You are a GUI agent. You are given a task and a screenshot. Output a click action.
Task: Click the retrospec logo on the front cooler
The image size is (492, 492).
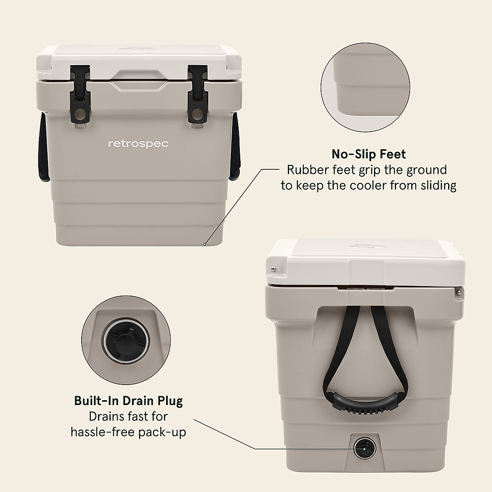(x=138, y=144)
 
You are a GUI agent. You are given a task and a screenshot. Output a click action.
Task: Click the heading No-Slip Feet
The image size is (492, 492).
(x=369, y=154)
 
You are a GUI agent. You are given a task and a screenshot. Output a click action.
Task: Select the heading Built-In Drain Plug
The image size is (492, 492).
(x=128, y=401)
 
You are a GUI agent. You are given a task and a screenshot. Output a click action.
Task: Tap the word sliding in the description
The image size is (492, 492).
(x=437, y=186)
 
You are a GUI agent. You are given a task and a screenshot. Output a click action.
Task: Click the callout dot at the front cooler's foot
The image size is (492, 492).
(x=204, y=244)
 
